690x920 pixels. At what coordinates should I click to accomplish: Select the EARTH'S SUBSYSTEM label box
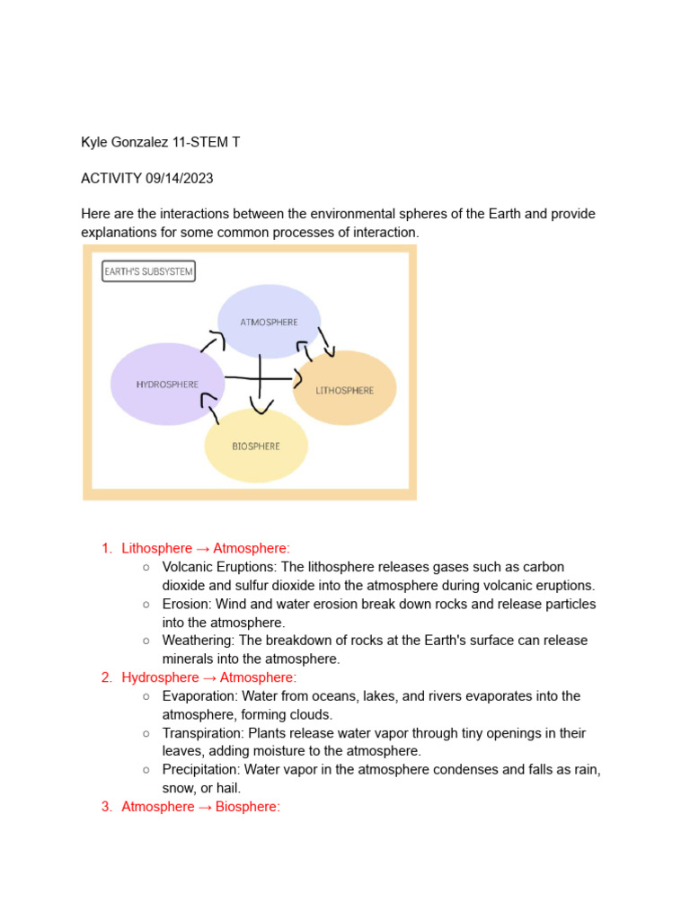tap(148, 270)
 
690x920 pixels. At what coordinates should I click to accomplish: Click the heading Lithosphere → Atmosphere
tap(206, 548)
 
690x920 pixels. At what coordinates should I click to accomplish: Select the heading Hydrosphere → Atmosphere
tap(208, 677)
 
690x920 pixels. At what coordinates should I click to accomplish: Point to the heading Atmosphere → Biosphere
tap(201, 807)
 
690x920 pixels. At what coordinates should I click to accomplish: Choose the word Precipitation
tap(201, 770)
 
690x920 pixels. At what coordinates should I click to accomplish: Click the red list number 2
tap(106, 677)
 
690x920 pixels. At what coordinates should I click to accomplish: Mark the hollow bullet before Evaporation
tap(146, 696)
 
